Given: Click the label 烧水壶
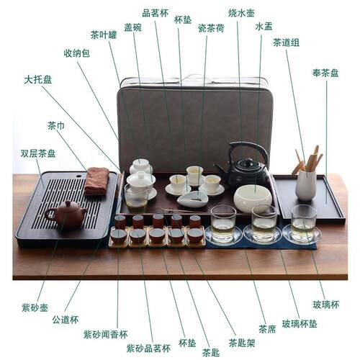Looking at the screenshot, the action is tap(241, 13).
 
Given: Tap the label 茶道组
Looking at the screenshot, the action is tap(286, 42).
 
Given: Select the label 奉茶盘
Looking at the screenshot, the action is tap(325, 73).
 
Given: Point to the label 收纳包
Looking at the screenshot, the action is tap(76, 53).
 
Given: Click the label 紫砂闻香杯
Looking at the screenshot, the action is tap(105, 334).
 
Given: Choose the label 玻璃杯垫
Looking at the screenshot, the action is tap(300, 324).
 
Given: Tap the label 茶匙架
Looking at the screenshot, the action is tap(242, 343).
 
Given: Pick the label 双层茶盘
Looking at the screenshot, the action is tap(38, 153).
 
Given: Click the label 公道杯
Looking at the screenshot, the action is tap(66, 320).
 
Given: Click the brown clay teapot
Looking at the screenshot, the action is tap(66, 215).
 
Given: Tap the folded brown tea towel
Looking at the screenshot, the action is tap(96, 181).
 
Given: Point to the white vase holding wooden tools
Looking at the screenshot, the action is tap(305, 185).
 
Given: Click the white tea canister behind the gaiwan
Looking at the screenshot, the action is tap(141, 166).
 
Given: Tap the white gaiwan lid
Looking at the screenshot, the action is tap(141, 178).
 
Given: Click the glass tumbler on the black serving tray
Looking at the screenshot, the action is tap(304, 224).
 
